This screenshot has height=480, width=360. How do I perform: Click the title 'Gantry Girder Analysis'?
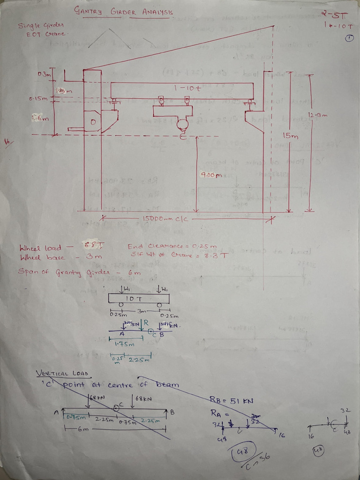click(x=123, y=12)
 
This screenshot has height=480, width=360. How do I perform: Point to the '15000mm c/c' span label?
click(x=165, y=218)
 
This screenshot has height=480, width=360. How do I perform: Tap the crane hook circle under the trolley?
click(x=182, y=124)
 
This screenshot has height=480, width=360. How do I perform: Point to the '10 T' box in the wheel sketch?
click(x=139, y=298)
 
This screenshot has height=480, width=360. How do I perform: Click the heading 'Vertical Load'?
click(x=63, y=374)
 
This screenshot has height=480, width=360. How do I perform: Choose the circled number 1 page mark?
click(x=349, y=39)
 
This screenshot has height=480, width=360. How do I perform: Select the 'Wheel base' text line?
click(x=60, y=257)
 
